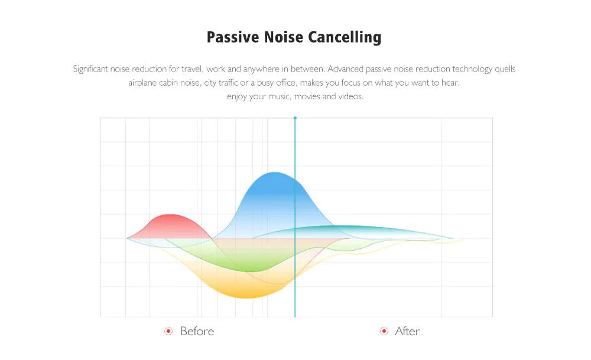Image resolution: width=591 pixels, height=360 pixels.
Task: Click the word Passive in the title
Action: (233, 37)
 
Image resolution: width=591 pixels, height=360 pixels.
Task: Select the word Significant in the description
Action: (90, 69)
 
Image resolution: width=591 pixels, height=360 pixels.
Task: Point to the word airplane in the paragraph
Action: (142, 83)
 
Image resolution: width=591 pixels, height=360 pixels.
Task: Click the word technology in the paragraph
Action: (472, 69)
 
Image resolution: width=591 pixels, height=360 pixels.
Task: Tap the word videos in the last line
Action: (351, 96)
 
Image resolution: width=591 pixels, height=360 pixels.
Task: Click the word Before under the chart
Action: (197, 331)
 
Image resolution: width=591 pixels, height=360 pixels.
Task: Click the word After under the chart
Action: (407, 331)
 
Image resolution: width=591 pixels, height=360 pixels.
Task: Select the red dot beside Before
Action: (168, 331)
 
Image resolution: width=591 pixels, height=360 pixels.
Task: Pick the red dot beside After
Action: (384, 331)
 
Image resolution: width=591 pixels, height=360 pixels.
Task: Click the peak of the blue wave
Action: (275, 172)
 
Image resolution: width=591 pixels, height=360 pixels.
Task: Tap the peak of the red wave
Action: (171, 215)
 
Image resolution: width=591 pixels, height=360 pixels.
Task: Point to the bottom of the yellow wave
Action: (247, 298)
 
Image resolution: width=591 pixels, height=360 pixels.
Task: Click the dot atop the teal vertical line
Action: (295, 118)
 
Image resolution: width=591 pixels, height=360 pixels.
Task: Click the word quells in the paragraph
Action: (505, 69)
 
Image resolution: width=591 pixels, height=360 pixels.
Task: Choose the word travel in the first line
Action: (193, 69)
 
